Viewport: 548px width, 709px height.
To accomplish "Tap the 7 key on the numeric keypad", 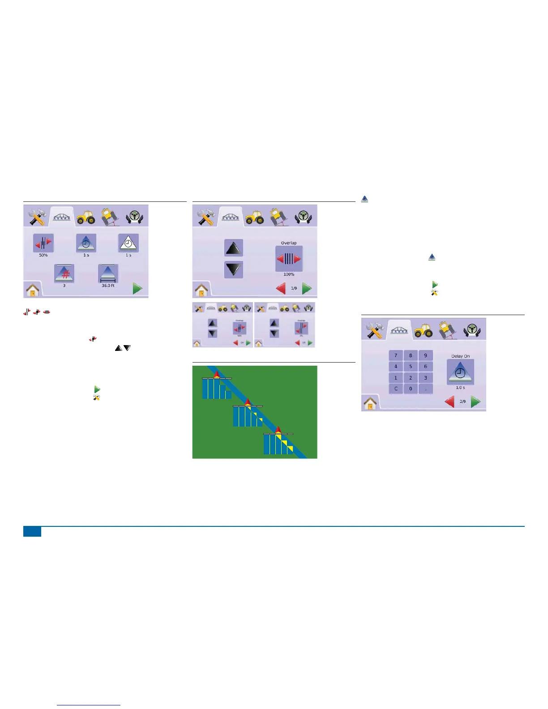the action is click(x=395, y=355).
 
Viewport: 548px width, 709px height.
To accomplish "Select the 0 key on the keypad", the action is click(x=411, y=389).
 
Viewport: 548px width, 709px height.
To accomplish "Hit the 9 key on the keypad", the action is click(x=425, y=355).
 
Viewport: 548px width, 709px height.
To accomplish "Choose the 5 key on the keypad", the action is click(x=411, y=366).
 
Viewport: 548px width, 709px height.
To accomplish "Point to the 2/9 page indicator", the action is click(x=462, y=401).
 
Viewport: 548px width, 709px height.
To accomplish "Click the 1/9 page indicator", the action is click(x=294, y=288).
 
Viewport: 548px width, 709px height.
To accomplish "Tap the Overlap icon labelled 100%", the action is click(x=289, y=259).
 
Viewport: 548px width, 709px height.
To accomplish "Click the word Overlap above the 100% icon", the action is click(x=289, y=243).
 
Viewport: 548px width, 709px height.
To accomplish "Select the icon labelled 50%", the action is click(x=43, y=243).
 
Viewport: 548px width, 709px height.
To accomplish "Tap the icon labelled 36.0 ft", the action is click(x=108, y=273).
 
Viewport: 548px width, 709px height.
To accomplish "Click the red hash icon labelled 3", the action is click(x=64, y=273).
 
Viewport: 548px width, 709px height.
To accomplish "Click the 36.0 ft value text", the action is click(x=108, y=286).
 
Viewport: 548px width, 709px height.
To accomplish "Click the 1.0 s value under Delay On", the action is click(x=460, y=388).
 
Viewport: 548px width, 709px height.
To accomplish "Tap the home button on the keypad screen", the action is click(x=370, y=404).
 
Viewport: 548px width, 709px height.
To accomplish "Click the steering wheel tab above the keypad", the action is click(x=471, y=330).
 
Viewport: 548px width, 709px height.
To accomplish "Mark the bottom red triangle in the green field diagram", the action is click(x=278, y=430).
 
